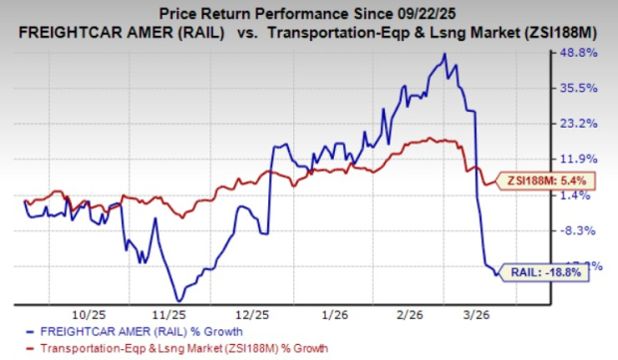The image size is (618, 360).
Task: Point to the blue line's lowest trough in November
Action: click(x=177, y=299)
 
